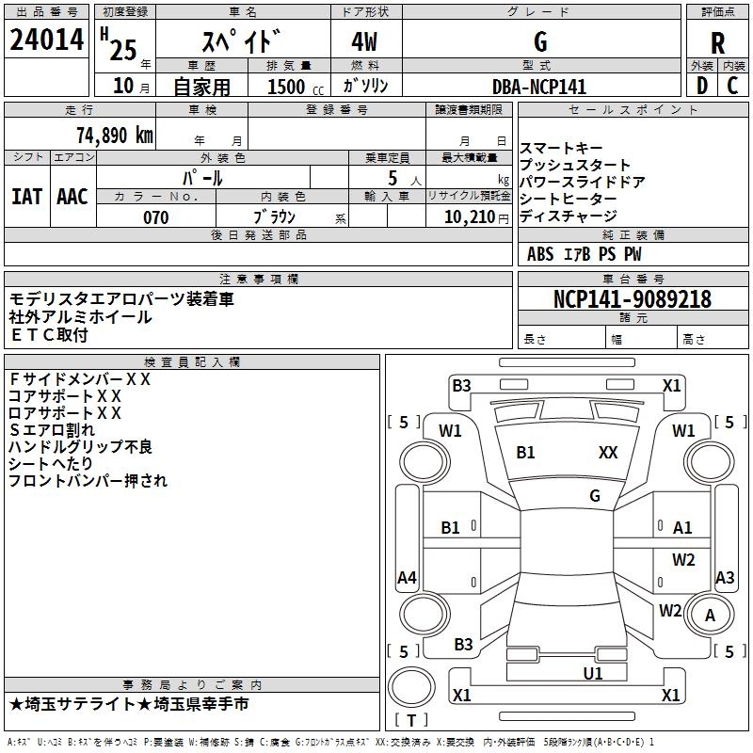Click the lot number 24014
[47, 41]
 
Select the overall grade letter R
[717, 43]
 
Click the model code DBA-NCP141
[539, 87]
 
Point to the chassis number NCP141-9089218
[633, 299]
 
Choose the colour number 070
[155, 217]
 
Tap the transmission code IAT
[27, 196]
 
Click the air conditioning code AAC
[72, 196]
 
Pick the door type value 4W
[367, 43]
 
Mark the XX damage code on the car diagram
[608, 453]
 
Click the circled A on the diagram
[710, 615]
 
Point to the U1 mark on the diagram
[593, 673]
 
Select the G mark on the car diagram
[595, 496]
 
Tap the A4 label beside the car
[407, 578]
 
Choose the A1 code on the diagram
[682, 528]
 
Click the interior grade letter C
[732, 86]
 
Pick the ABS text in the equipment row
[540, 254]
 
